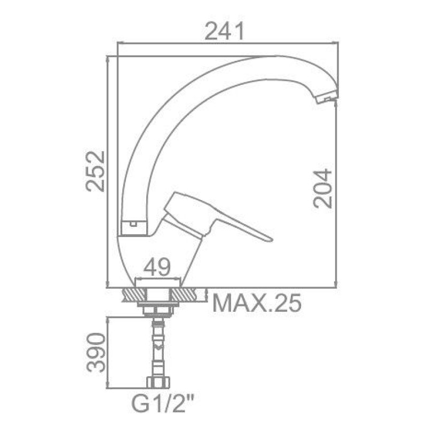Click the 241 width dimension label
pos(225,31)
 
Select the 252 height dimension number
pos(95,171)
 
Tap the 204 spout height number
pos(323,188)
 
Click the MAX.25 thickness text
pos(257,303)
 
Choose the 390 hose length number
pos(96,352)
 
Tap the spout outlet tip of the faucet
pos(327,98)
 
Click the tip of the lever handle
pos(271,240)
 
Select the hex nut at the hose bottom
pos(158,382)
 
